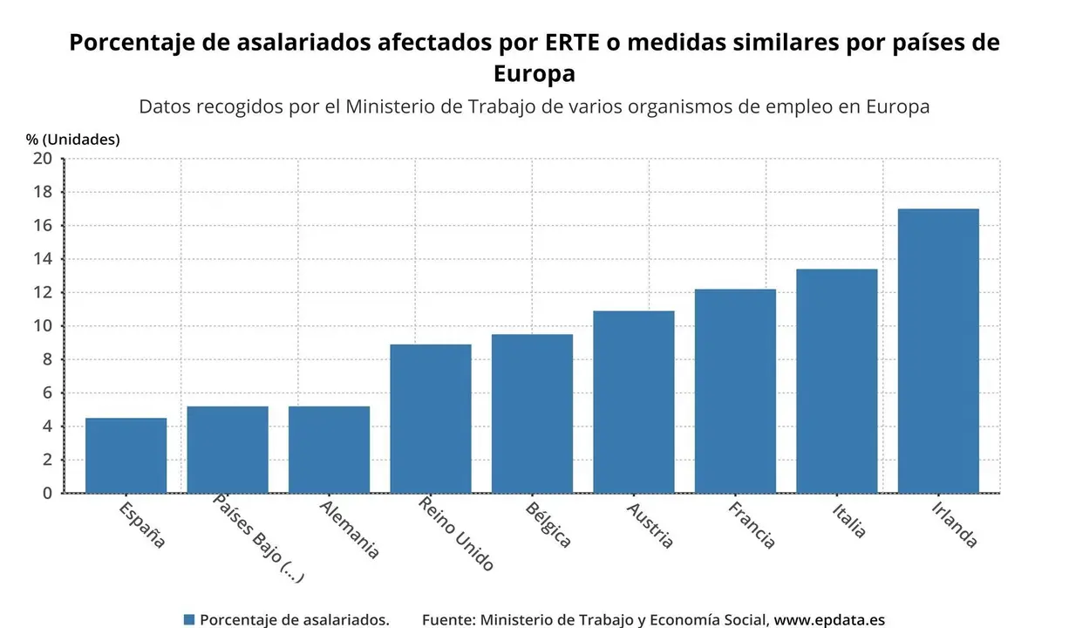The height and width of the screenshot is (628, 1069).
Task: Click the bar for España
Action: click(x=126, y=455)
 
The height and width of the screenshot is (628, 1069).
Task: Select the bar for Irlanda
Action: click(x=938, y=351)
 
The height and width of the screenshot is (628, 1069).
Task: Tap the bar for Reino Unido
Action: click(x=431, y=419)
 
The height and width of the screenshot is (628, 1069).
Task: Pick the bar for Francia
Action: click(x=735, y=391)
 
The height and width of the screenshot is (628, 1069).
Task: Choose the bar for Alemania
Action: click(x=329, y=449)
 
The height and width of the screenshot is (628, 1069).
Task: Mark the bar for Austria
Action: click(x=634, y=401)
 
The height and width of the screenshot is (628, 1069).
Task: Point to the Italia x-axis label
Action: click(x=848, y=520)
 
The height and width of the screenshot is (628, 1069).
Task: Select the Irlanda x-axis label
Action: click(x=954, y=523)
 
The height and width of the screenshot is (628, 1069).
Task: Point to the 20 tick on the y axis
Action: click(x=43, y=159)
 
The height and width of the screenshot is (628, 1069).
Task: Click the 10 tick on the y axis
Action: click(x=43, y=326)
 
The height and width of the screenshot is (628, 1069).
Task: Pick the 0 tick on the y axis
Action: click(x=47, y=494)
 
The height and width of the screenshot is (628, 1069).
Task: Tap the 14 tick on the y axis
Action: click(x=43, y=259)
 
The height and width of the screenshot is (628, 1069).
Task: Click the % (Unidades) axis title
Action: click(x=73, y=139)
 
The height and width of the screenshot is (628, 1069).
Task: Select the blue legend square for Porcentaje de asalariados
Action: click(x=188, y=619)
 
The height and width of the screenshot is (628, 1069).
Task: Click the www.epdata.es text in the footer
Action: click(x=829, y=619)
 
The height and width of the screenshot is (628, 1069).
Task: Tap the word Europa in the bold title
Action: click(x=534, y=73)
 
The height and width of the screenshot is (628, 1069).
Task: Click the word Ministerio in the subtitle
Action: click(x=394, y=106)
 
